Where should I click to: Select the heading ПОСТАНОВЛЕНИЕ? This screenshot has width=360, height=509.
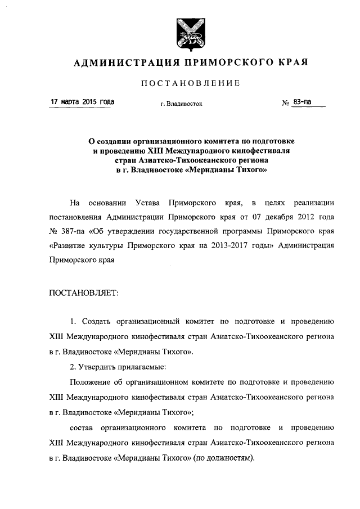tap(189, 83)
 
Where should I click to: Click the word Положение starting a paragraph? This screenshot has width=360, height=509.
tap(89, 382)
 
